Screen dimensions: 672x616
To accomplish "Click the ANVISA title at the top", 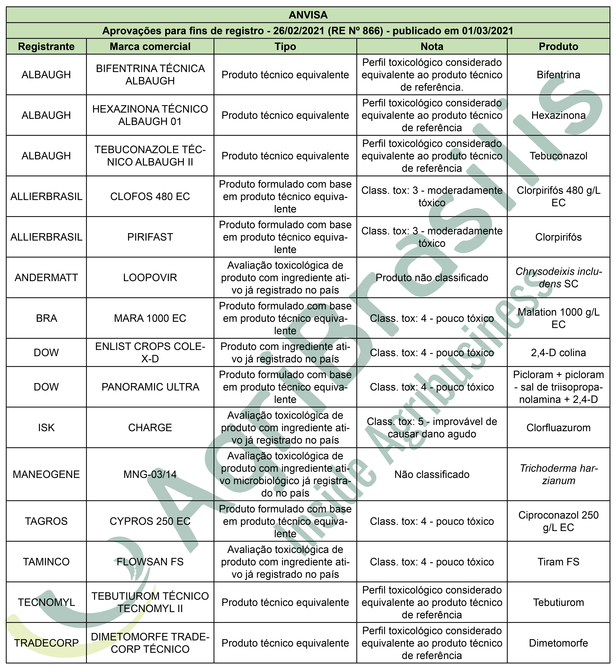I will pyautogui.click(x=308, y=15).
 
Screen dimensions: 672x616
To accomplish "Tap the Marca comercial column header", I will pyautogui.click(x=150, y=46).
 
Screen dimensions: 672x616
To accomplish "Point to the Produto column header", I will pyautogui.click(x=558, y=46).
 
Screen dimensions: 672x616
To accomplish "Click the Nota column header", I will pyautogui.click(x=432, y=46).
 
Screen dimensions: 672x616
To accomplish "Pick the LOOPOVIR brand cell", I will pyautogui.click(x=150, y=277).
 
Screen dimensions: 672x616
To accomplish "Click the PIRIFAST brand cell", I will pyautogui.click(x=150, y=237).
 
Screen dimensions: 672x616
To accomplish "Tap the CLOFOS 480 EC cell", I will pyautogui.click(x=150, y=196).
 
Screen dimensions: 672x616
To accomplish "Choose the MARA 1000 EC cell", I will pyautogui.click(x=150, y=318).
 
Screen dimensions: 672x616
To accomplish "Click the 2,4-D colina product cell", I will pyautogui.click(x=558, y=352).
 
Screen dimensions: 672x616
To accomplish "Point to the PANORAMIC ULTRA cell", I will pyautogui.click(x=150, y=387).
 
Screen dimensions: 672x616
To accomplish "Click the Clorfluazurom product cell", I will pyautogui.click(x=558, y=427).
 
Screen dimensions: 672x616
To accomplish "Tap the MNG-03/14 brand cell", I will pyautogui.click(x=150, y=474).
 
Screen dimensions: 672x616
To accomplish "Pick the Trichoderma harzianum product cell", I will pyautogui.click(x=558, y=474).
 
